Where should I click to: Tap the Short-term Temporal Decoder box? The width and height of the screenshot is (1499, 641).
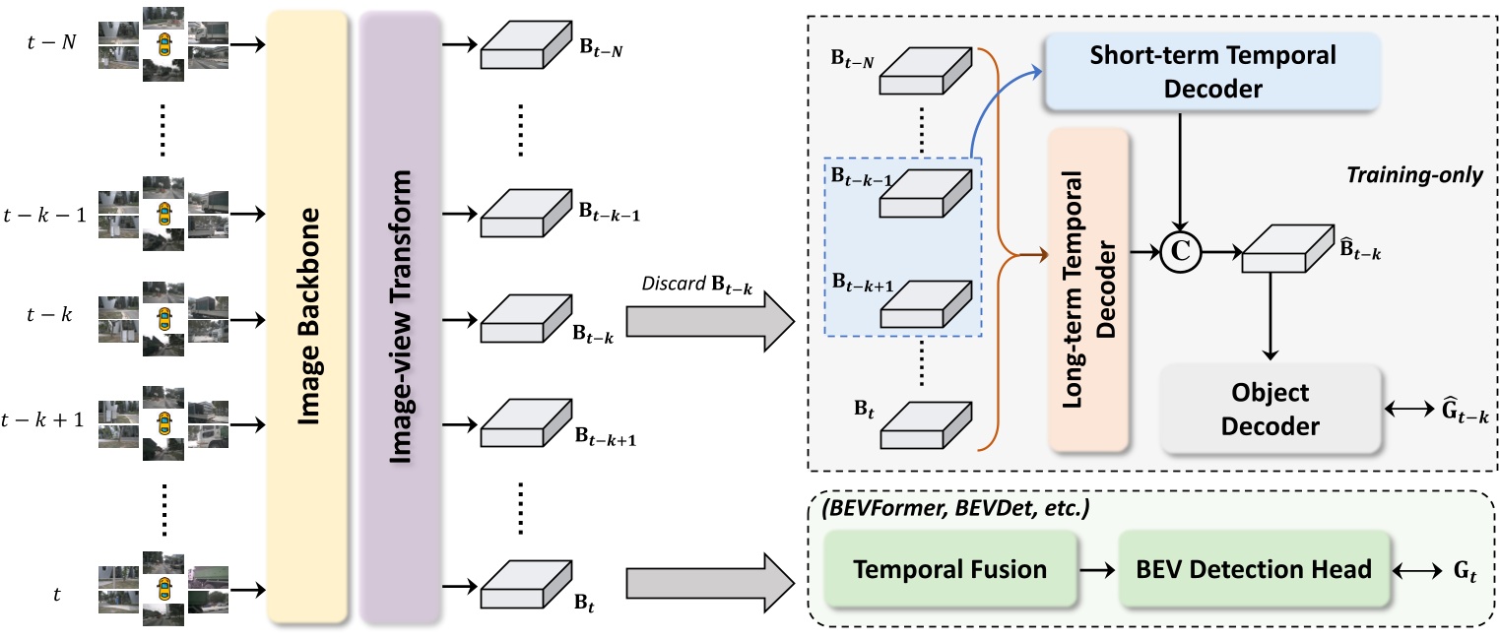[1212, 71]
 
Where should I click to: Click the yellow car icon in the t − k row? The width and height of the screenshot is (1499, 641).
[163, 319]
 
